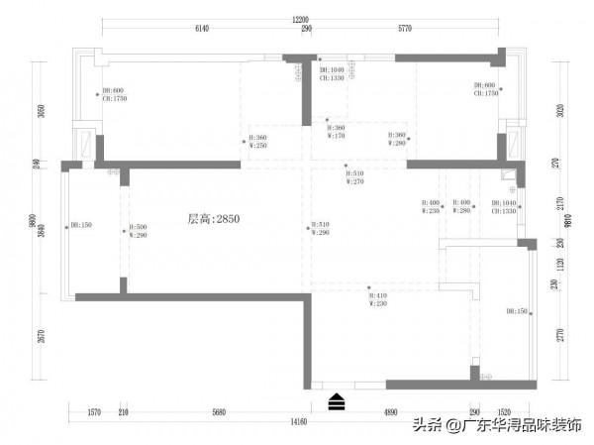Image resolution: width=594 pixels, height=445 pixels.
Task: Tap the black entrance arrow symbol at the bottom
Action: (338, 400)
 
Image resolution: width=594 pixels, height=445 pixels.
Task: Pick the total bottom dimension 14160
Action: (300, 422)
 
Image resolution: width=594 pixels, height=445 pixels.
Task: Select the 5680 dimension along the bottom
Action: (220, 411)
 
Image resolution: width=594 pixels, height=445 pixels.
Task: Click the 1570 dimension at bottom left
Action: (95, 411)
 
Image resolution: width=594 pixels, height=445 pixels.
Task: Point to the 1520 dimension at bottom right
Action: (504, 411)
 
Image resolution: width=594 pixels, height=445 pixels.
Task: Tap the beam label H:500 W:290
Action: (139, 231)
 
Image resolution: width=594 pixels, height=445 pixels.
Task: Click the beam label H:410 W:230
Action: (379, 298)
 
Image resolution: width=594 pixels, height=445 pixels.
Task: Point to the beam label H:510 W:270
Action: (354, 177)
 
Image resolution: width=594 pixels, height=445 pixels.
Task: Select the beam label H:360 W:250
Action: (257, 142)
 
